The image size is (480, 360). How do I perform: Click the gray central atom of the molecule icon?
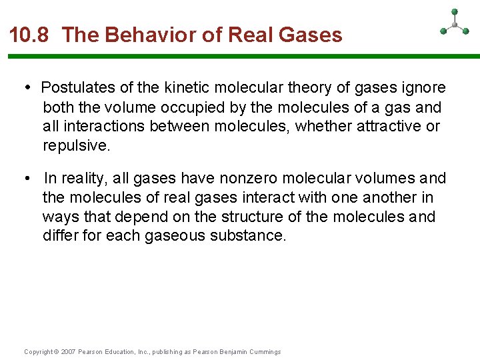[455, 25]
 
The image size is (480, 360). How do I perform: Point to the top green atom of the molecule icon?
[455, 11]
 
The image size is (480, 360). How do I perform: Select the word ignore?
[424, 88]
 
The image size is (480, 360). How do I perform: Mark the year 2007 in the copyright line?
[68, 352]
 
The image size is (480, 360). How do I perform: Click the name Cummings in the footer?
[265, 352]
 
